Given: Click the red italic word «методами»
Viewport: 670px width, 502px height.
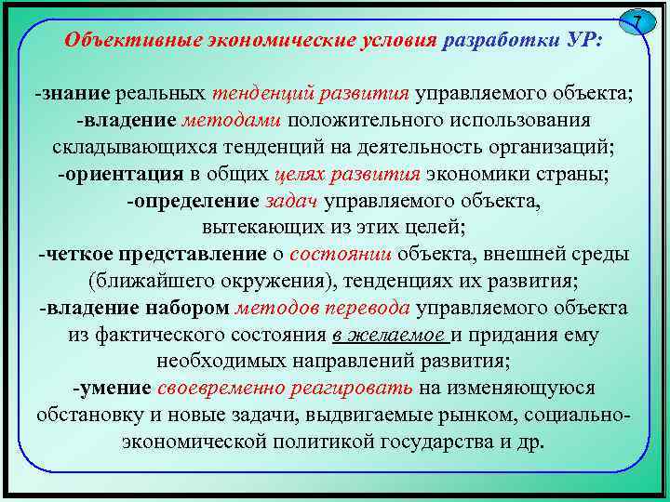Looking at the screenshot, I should click(x=233, y=121).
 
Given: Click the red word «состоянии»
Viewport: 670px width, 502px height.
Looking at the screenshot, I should click(x=341, y=254).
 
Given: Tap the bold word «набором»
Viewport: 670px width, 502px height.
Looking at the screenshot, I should click(x=190, y=308).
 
